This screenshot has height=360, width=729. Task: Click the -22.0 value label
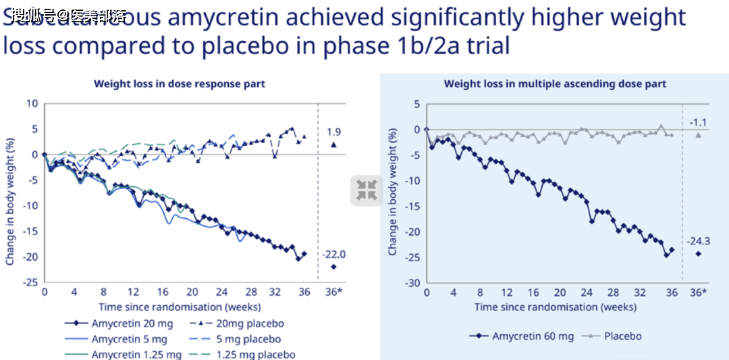(333, 254)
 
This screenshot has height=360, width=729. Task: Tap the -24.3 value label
(698, 241)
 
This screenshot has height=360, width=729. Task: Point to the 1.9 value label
(333, 131)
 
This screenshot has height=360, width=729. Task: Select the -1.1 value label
(698, 122)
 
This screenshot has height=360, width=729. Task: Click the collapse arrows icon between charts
(366, 190)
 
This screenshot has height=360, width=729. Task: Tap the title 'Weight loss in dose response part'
(179, 84)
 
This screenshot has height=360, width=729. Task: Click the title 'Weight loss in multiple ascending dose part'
(555, 84)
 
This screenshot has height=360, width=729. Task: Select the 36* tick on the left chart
(333, 292)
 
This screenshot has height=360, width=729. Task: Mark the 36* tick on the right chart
(699, 292)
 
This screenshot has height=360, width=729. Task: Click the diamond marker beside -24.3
(698, 254)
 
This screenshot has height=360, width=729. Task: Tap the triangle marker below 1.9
(333, 144)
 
